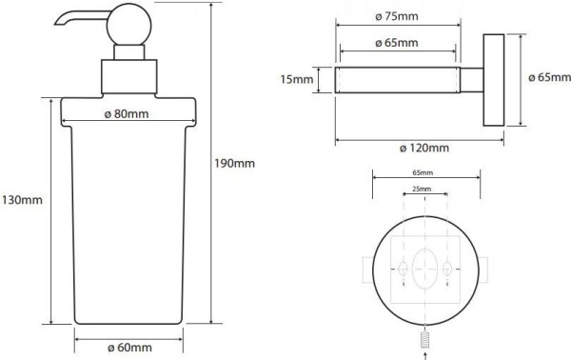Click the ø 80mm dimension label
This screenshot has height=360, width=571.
click(127, 114)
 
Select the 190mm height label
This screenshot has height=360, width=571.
click(234, 163)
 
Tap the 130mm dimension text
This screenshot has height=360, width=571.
click(22, 200)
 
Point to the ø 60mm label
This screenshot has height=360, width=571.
click(129, 348)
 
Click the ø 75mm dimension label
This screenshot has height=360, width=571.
click(397, 16)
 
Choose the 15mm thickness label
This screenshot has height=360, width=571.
click(296, 79)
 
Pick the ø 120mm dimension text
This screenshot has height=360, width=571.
click(424, 148)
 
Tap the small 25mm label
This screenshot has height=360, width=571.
click(422, 189)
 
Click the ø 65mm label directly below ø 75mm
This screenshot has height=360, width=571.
click(397, 43)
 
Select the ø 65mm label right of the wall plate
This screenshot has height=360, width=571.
click(549, 77)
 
